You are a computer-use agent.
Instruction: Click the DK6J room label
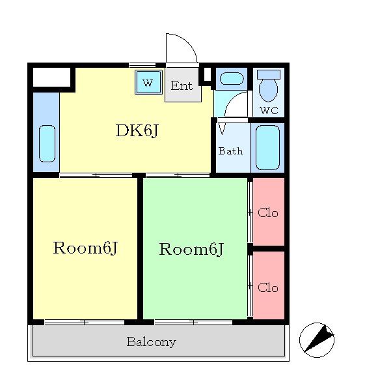137,130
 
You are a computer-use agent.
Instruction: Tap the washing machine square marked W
148,82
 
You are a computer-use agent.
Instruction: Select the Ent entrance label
182,86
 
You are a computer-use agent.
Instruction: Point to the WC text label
269,110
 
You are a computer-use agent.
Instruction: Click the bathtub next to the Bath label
267,148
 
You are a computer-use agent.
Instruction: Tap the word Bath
230,151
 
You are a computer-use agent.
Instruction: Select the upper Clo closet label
268,212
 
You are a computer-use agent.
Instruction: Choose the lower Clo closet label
268,287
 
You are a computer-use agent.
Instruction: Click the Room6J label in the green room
191,249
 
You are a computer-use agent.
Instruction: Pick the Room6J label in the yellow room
85,248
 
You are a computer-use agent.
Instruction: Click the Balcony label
152,342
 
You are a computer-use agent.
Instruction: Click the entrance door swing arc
189,42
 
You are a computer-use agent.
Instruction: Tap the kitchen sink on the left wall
47,143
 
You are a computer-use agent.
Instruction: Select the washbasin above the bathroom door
232,79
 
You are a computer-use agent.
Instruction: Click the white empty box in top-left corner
51,77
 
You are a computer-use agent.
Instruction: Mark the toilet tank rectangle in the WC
269,74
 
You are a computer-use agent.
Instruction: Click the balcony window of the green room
193,323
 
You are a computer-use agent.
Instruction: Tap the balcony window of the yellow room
85,323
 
